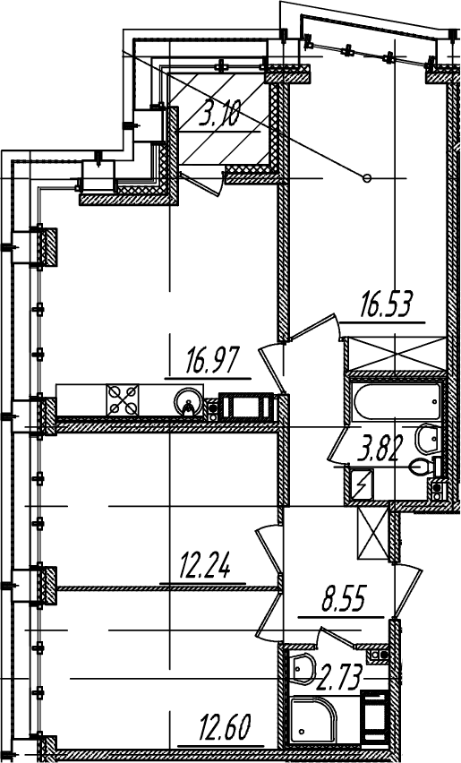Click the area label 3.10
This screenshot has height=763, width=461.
220,116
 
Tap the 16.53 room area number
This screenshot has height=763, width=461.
386,304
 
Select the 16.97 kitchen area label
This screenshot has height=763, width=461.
212,362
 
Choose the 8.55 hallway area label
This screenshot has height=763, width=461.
344,601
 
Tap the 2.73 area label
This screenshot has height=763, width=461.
339,678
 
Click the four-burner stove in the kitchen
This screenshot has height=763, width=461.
123,400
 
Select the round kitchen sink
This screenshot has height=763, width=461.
188,401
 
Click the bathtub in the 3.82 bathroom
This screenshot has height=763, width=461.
397,400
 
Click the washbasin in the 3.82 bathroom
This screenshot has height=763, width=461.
428,437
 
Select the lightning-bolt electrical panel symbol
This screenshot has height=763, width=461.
362,484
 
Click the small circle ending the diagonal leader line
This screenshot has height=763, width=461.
367,178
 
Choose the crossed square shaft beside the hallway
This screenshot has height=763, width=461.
373,535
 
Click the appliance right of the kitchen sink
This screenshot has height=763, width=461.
246,407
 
